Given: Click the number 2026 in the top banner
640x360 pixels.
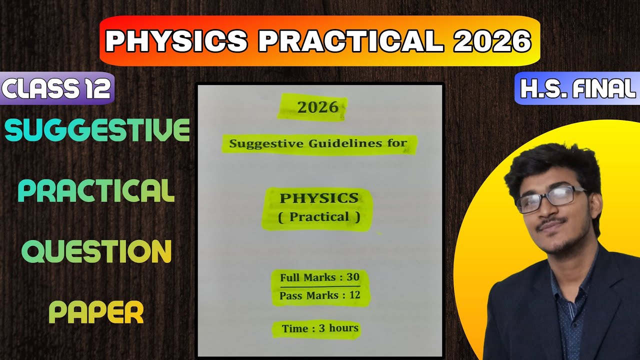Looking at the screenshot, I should point(492,42).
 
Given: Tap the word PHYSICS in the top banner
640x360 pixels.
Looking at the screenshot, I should point(176,42).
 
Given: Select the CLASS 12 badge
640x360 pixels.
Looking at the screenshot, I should point(56,89).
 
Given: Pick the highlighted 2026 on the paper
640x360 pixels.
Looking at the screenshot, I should point(317,107).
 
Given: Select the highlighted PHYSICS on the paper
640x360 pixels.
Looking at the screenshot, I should point(319,198).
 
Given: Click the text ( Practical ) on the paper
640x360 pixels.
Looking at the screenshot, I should point(318,217).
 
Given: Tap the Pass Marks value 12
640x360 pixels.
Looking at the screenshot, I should point(354,295).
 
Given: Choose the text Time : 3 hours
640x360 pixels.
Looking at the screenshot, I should point(320,328).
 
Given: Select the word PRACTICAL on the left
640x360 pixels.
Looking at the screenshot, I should point(96,191).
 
